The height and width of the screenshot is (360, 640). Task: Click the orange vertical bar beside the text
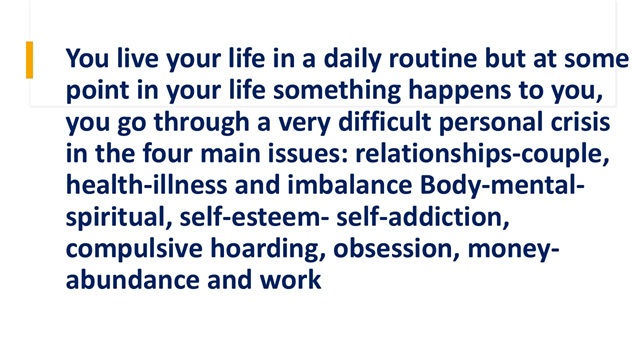click(x=29, y=60)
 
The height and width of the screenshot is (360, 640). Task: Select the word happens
click(x=460, y=91)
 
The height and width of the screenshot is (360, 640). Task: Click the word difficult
click(x=384, y=122)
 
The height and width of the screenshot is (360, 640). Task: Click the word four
click(x=167, y=154)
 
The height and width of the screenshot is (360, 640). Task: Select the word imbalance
click(x=350, y=185)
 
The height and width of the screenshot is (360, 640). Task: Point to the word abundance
click(x=133, y=280)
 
